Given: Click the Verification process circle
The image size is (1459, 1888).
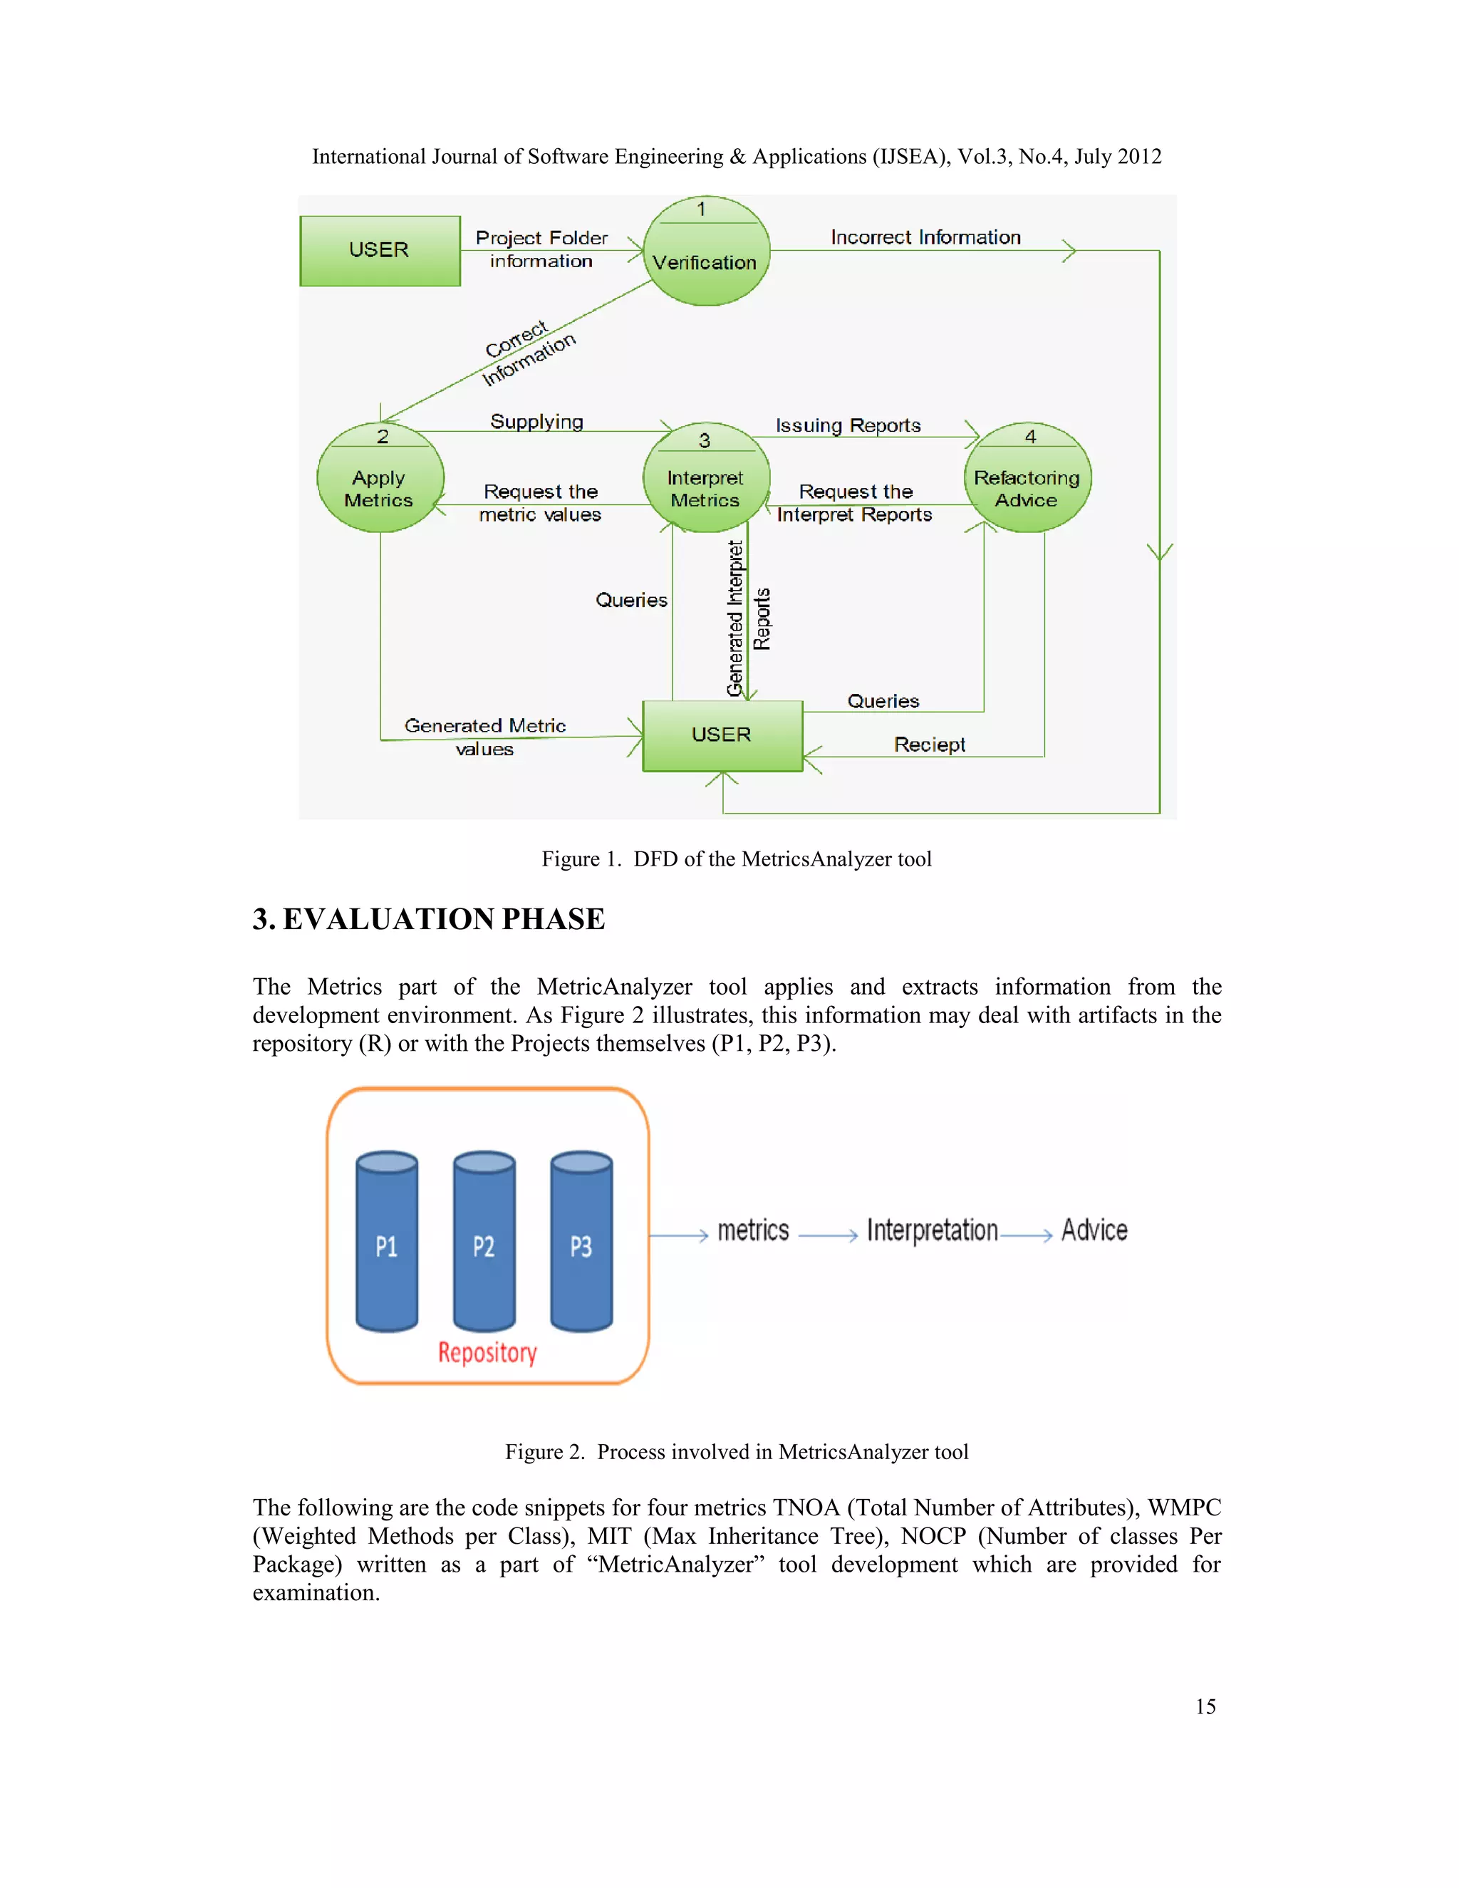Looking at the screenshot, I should tap(706, 251).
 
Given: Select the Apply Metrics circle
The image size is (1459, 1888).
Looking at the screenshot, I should tap(380, 477).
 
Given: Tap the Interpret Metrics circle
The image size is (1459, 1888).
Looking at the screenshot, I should tap(706, 478).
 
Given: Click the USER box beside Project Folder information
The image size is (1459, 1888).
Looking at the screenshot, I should tap(380, 251).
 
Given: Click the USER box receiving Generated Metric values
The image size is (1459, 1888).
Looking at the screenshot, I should tap(722, 736).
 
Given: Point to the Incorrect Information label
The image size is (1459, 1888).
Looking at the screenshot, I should tap(925, 238).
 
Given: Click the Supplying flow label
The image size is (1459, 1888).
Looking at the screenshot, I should tap(536, 422).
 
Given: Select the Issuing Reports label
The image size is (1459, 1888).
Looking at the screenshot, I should tap(848, 425).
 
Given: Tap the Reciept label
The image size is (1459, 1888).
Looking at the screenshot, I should tap(929, 745).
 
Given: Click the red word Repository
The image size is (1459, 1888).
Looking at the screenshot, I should tap(487, 1352).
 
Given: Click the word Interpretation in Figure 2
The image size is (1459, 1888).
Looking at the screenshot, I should tap(932, 1230).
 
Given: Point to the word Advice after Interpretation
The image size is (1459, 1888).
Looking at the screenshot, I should tap(1094, 1230).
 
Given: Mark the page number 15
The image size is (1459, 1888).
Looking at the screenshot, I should tap(1205, 1706).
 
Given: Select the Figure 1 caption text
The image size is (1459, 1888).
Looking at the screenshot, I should tap(737, 859).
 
